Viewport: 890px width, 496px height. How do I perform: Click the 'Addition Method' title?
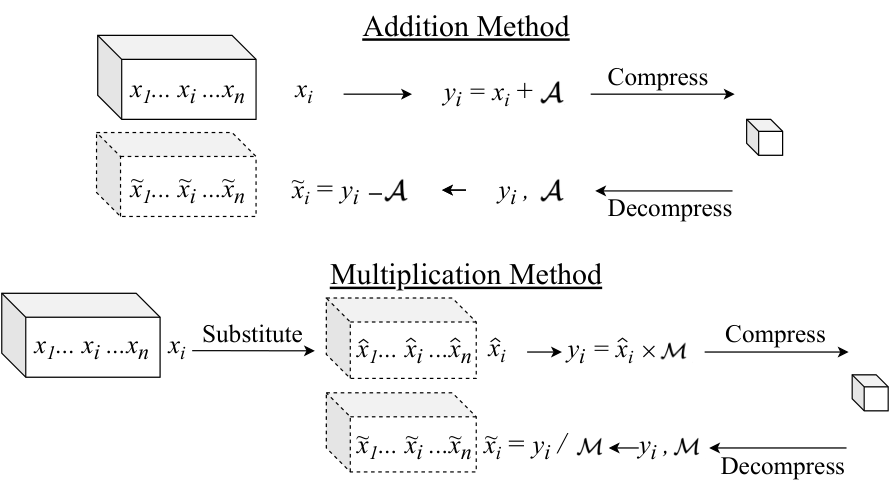466,27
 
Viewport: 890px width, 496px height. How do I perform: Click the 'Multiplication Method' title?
466,275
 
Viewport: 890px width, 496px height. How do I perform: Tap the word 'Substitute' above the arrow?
253,334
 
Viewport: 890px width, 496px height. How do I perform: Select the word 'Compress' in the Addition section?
658,78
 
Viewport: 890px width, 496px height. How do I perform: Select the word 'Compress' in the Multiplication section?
775,335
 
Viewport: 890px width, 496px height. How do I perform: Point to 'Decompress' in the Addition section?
670,208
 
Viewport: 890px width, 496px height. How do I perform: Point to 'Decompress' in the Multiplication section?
783,466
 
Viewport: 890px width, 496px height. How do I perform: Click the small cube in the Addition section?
764,137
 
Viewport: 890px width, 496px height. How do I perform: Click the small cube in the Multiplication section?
870,393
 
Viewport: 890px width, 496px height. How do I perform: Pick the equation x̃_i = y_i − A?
349,191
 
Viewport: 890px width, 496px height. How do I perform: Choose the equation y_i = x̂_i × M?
627,350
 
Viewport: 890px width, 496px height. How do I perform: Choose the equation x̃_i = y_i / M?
542,446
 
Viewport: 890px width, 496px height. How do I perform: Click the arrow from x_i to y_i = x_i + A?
377,94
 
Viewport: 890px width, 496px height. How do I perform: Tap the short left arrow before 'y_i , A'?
454,190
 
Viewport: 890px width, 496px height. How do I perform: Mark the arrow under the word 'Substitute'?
253,351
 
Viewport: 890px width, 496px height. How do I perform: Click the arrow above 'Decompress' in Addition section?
664,191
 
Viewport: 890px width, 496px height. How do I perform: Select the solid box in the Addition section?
177,77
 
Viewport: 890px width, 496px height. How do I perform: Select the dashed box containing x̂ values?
401,338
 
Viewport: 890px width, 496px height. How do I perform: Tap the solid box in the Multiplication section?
81,335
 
